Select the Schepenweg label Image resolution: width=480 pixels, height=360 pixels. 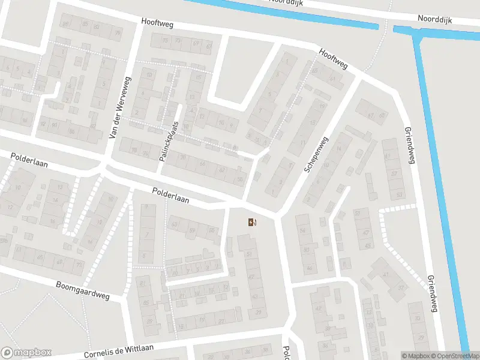point(317,155)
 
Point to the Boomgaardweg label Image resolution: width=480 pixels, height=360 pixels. point(84,290)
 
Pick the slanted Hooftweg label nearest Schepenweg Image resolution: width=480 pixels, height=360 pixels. point(334,59)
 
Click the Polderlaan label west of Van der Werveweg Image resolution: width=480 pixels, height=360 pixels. point(29,160)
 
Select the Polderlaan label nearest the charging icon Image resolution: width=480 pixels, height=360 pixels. point(170,196)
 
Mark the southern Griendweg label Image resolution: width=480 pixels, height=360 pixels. point(431,294)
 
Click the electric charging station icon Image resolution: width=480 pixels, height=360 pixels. point(252,223)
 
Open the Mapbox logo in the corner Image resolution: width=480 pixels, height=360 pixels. point(26,353)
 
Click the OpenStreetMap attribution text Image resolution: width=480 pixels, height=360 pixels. point(454,356)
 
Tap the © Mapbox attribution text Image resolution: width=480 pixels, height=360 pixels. point(415,356)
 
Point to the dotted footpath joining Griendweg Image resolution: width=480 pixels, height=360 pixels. point(399,208)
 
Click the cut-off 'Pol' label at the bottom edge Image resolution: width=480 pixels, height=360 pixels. point(287,352)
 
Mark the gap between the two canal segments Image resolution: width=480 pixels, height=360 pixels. point(386,28)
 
